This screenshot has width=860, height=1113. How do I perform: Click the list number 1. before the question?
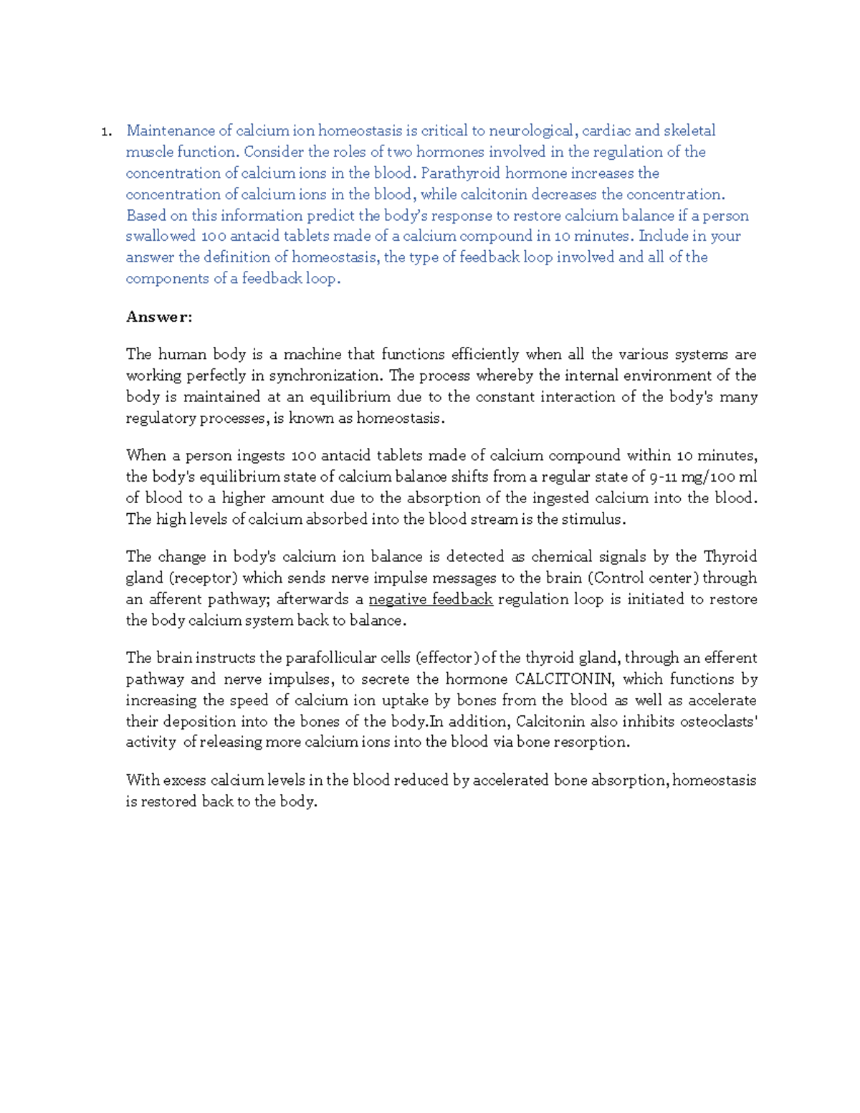pos(105,131)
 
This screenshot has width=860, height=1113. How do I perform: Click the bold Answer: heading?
pos(159,317)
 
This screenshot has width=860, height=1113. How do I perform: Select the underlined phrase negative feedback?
pos(430,599)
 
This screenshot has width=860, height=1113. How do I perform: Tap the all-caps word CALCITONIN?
pos(564,679)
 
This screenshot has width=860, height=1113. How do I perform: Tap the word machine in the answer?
pos(312,354)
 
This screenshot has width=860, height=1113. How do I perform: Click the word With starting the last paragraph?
pos(142,780)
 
